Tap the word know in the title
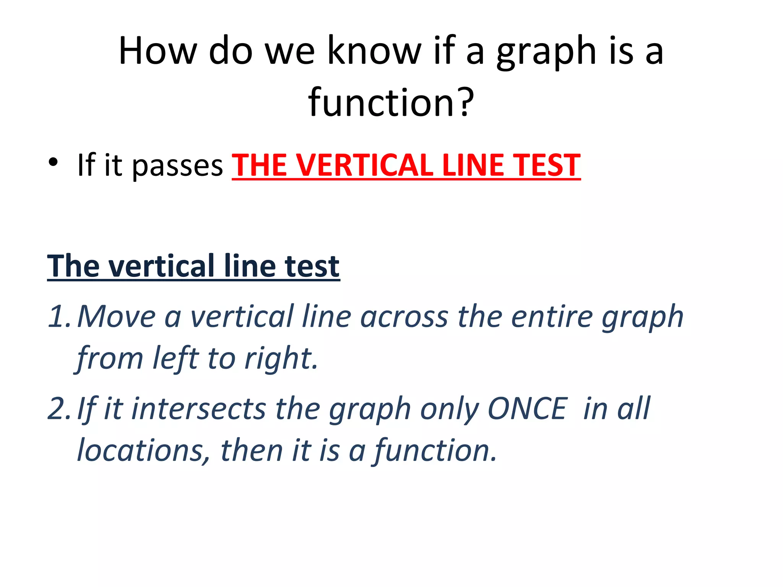pyautogui.click(x=374, y=50)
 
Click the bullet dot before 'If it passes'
pyautogui.click(x=53, y=162)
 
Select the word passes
pyautogui.click(x=177, y=166)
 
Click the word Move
pyautogui.click(x=116, y=316)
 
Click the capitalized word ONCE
pyautogui.click(x=528, y=409)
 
